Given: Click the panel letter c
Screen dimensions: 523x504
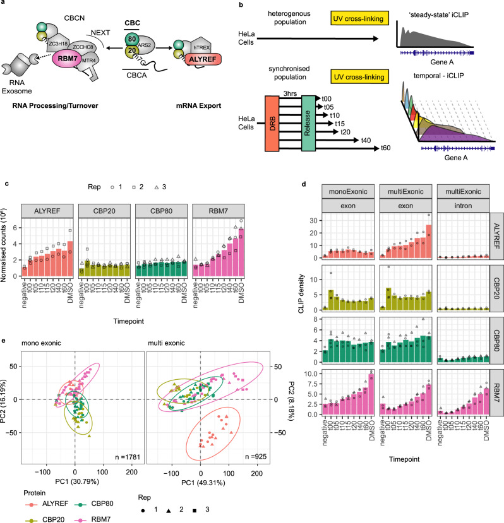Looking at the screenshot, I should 5,184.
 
